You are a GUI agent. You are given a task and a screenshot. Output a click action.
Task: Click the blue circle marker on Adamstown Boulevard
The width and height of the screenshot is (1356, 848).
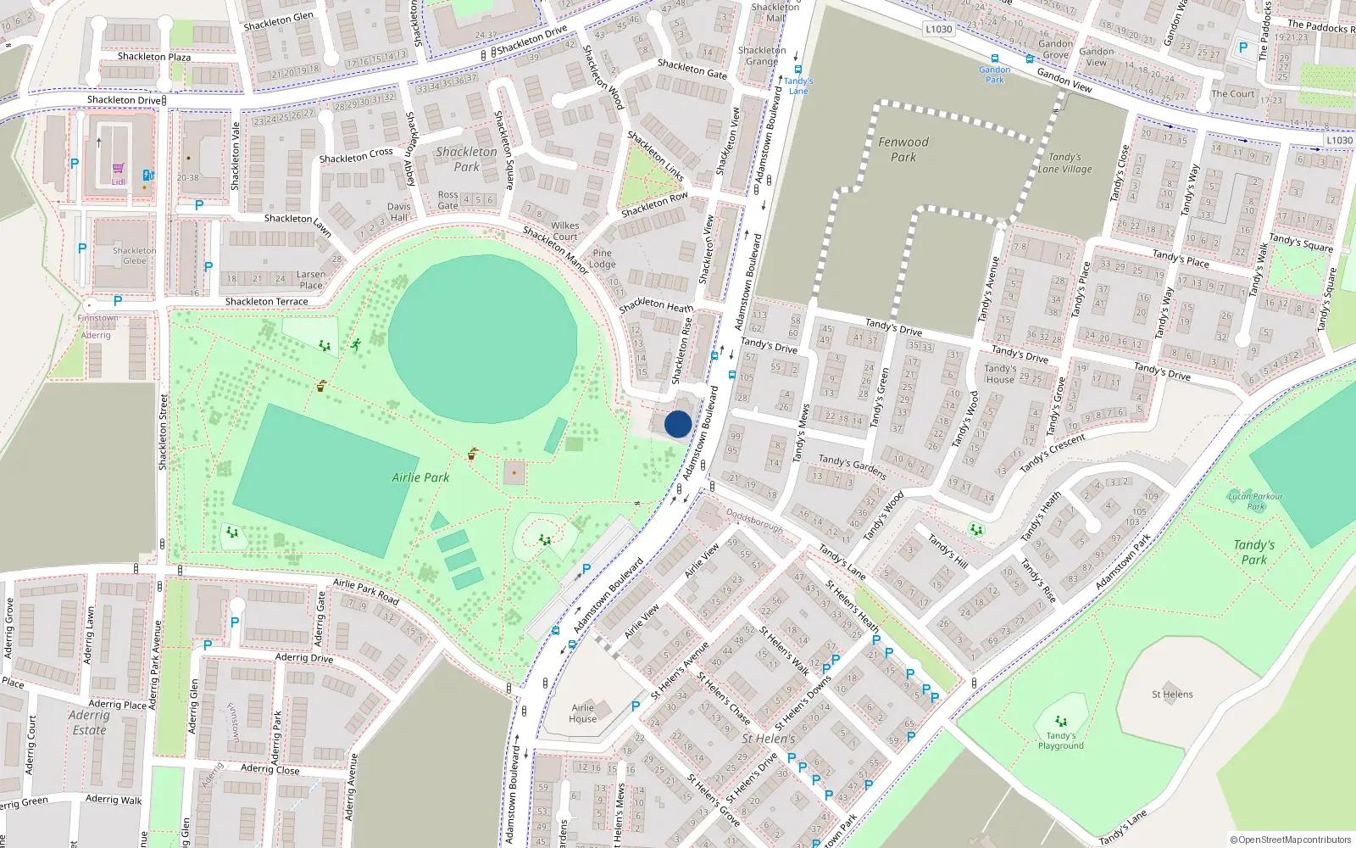coord(678,424)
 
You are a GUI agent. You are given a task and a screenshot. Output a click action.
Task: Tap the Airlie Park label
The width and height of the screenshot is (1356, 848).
coord(420,477)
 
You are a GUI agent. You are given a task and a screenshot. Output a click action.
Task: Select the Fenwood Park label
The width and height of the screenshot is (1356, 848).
coord(903,149)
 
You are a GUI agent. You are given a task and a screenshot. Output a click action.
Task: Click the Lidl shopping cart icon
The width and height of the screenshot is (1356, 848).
coord(118,170)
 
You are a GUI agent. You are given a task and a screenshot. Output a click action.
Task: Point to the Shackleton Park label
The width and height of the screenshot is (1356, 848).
coord(467,159)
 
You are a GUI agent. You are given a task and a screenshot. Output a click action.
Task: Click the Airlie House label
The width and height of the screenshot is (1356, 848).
coord(583,713)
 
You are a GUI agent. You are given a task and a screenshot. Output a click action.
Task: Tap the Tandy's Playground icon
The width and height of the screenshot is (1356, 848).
coord(1060,722)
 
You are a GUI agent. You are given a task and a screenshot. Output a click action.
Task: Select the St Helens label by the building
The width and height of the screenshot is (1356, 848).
coord(1172,694)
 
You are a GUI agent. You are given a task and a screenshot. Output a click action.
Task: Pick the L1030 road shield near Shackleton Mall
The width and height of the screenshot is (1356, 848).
coord(938,29)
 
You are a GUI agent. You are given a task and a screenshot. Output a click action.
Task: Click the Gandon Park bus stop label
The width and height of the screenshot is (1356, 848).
coord(994,75)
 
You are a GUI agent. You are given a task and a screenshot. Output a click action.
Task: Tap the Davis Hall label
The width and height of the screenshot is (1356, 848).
coord(399,211)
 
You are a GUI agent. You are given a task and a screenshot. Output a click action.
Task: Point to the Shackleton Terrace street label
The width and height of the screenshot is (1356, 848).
coord(266,301)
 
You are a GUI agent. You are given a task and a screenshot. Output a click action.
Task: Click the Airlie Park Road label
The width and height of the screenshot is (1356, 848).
coord(365,590)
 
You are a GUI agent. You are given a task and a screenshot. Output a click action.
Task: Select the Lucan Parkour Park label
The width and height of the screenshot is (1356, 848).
coord(1255,501)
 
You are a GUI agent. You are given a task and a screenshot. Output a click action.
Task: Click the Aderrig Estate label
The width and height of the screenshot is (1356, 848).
coord(89,722)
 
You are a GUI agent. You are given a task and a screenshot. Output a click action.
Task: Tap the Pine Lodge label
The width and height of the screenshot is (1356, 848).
coord(603,258)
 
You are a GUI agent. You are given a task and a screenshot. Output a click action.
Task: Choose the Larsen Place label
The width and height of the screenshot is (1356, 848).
coord(311,279)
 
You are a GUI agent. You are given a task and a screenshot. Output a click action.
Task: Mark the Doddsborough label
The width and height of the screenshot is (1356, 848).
coord(754,522)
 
